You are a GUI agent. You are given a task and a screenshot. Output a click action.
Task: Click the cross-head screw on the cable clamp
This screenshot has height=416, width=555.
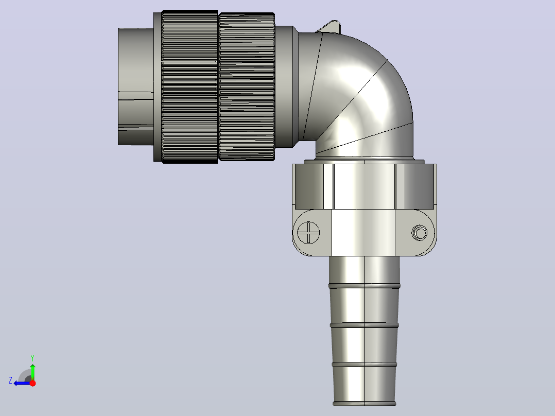point(308,233)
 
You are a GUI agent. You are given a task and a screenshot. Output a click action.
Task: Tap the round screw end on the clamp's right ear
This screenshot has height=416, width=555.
point(420,233)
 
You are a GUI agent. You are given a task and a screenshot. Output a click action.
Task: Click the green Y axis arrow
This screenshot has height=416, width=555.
point(32,371)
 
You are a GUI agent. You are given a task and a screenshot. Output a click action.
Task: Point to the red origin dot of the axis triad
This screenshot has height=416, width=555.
point(32,383)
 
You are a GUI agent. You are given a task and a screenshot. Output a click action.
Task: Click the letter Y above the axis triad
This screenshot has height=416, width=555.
point(32,358)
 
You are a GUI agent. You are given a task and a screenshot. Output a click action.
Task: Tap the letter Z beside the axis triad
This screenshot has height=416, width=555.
point(10,380)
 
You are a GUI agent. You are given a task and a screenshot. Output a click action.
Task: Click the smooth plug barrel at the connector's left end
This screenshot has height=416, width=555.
point(135,86)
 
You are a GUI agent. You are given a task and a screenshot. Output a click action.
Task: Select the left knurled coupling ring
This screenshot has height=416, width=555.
point(189,86)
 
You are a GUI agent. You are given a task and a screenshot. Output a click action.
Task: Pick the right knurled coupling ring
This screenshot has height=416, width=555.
point(247,86)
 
